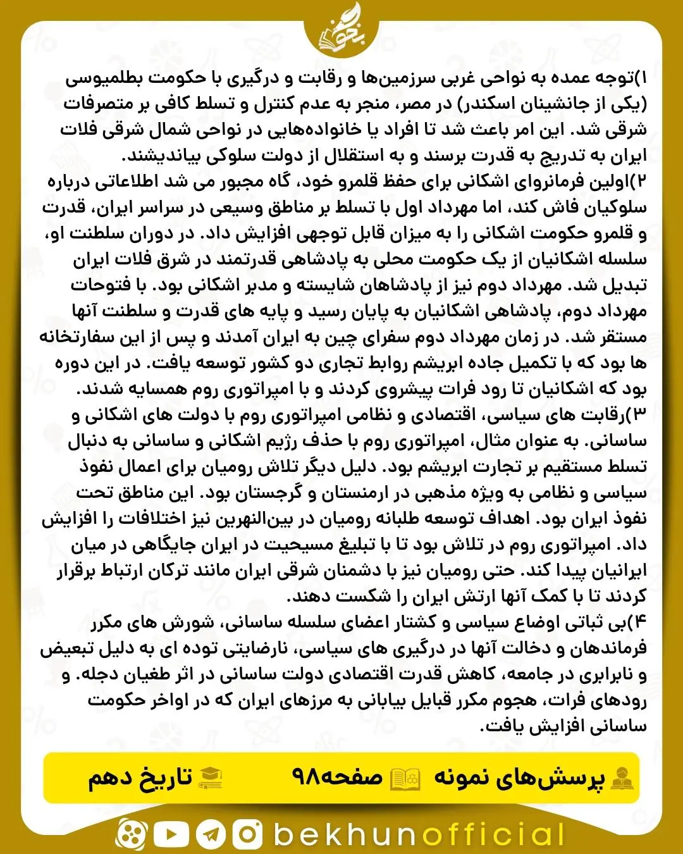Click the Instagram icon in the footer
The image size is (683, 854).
click(x=247, y=834)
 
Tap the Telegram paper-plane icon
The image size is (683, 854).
click(x=211, y=834)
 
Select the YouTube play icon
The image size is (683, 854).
click(x=171, y=834)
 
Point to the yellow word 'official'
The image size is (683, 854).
click(x=493, y=834)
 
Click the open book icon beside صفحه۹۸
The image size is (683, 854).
click(x=405, y=777)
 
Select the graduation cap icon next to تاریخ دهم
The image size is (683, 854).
click(x=211, y=777)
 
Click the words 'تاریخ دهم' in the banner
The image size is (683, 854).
click(x=140, y=777)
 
